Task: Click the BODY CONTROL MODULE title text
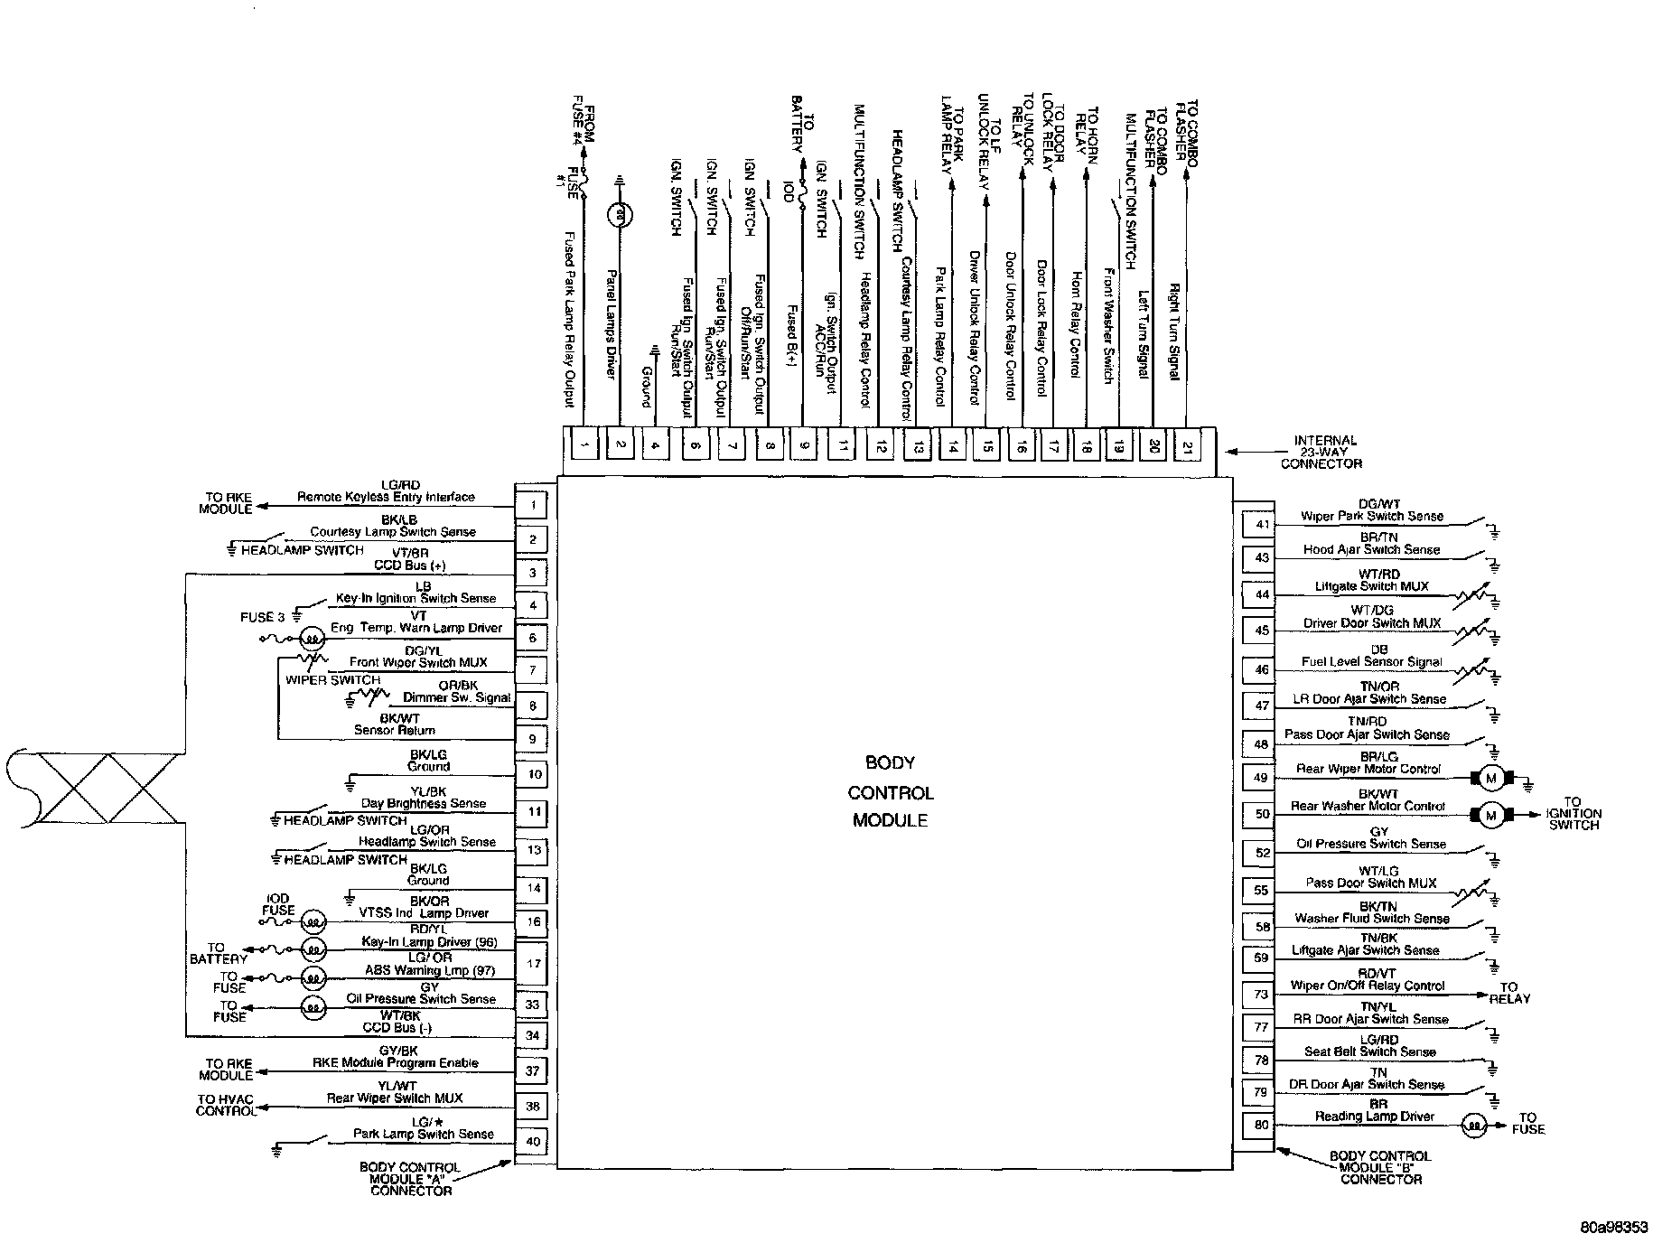(891, 791)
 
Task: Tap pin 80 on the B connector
(1262, 1125)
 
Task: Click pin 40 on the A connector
(533, 1141)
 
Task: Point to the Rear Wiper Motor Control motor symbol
(1490, 778)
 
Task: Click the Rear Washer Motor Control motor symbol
(1490, 816)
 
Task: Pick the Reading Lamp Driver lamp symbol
(1473, 1126)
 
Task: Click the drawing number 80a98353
(1614, 1228)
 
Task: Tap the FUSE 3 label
(263, 617)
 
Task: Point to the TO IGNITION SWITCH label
(1573, 813)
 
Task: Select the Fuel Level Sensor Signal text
(1372, 661)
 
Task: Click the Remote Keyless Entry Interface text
(386, 496)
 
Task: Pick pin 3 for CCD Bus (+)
(533, 573)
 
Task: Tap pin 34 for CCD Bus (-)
(533, 1035)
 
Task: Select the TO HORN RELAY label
(1087, 131)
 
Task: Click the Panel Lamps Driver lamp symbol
(620, 215)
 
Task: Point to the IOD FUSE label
(278, 904)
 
